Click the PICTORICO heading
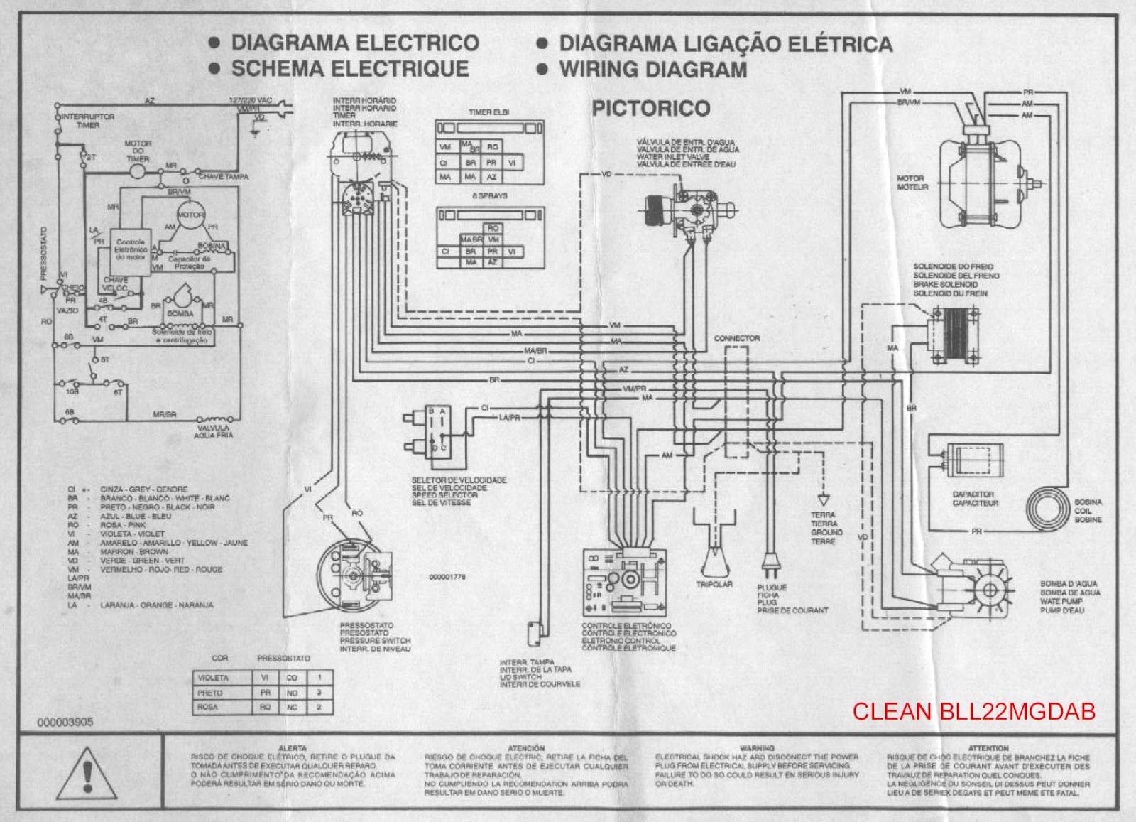[x=650, y=109]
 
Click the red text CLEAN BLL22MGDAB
[x=973, y=711]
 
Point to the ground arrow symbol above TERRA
[x=824, y=498]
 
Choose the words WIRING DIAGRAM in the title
[x=652, y=70]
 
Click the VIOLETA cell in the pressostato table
[x=213, y=678]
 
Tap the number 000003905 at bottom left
[x=65, y=722]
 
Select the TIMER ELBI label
[x=488, y=112]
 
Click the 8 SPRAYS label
[x=489, y=195]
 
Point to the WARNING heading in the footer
[x=757, y=748]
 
